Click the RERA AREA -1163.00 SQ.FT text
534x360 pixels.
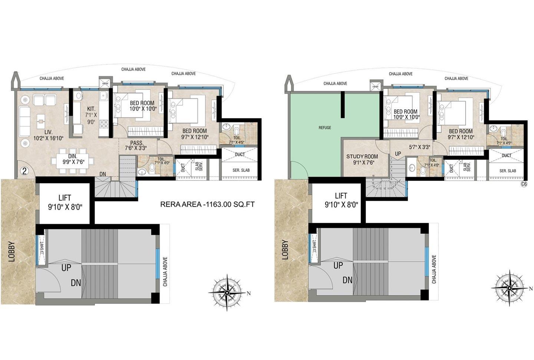tap(207, 204)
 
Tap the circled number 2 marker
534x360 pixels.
tap(24, 171)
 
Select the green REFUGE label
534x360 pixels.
tap(325, 128)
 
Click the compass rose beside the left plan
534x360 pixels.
tap(227, 292)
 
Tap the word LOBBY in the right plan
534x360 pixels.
tap(285, 249)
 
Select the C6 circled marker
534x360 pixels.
tap(524, 184)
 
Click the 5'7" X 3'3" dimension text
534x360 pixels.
tap(419, 147)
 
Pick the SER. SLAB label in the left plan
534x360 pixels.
tap(241, 170)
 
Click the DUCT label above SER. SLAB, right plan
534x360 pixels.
tap(507, 156)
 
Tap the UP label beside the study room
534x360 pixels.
tap(398, 154)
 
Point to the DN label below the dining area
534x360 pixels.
tap(103, 174)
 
